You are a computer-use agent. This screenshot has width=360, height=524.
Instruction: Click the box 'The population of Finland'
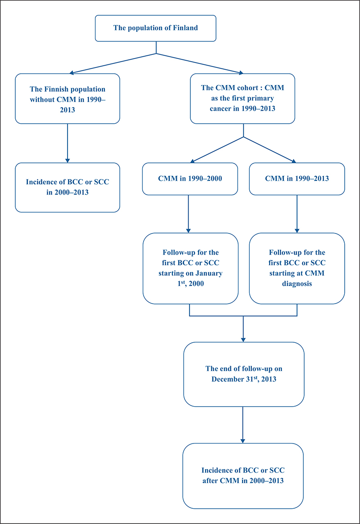pos(155,28)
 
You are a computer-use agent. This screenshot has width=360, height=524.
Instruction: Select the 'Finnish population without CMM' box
pos(67,99)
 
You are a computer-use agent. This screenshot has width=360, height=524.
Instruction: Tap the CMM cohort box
pos(243,99)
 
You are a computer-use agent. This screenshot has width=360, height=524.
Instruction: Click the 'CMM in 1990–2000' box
pos(190,179)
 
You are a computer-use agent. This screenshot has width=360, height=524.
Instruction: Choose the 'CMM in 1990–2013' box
pos(297,179)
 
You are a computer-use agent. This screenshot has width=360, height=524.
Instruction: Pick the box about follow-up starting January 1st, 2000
pos(190,269)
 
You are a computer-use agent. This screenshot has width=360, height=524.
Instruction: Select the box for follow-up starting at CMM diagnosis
pos(297,269)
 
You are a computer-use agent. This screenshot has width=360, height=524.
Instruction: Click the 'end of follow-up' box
pos(244,374)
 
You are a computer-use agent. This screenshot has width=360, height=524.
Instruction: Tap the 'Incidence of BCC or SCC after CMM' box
pos(243,476)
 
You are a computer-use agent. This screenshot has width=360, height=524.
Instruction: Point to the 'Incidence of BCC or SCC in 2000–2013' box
pos(67,188)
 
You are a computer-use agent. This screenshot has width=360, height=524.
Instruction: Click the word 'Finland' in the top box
pos(185,28)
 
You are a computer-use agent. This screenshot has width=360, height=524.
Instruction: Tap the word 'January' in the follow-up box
pos(209,273)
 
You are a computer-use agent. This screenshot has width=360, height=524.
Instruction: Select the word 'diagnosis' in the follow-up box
pos(297,284)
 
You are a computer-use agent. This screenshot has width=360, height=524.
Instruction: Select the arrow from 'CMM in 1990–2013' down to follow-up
pos(297,214)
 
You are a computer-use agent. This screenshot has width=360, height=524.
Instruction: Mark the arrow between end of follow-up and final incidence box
pos(243,425)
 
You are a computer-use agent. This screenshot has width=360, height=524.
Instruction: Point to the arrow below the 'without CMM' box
pos(67,143)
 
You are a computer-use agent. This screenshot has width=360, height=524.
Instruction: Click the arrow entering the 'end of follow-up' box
pos(243,329)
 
